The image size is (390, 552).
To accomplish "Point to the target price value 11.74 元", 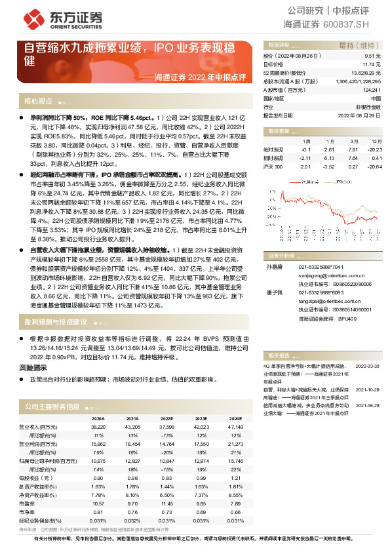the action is tap(372, 65).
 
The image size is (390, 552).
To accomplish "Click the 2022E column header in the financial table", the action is tap(166, 418).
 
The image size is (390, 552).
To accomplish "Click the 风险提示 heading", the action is tap(33, 368).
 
